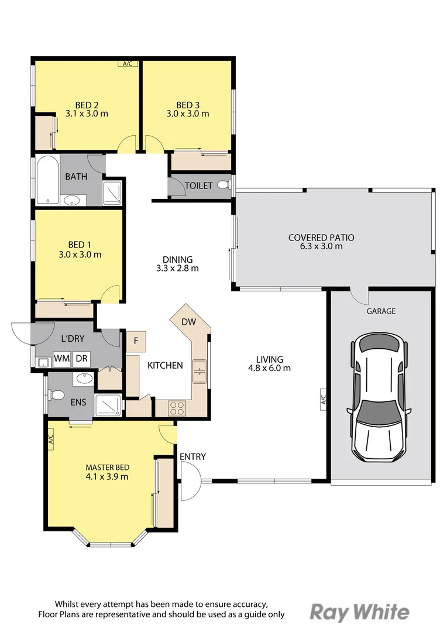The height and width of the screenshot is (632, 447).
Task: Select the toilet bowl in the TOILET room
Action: tap(223, 185)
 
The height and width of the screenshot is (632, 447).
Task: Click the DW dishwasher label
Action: tap(188, 322)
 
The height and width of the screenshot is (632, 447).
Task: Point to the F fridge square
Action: tap(136, 341)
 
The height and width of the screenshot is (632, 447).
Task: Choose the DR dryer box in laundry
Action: tap(81, 358)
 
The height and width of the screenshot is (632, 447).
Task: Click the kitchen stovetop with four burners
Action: tap(177, 407)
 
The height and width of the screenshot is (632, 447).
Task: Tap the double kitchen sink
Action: tap(200, 370)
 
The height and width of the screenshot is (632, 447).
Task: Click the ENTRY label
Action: tap(192, 456)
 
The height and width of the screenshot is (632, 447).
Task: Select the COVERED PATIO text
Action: tap(321, 238)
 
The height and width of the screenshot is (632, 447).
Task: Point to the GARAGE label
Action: tap(381, 311)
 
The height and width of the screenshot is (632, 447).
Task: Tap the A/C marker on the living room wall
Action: tap(322, 401)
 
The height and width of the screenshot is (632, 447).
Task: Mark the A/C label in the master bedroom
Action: tap(50, 438)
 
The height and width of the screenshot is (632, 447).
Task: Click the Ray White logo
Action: tap(359, 612)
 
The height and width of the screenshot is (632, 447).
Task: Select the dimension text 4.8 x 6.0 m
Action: tap(269, 368)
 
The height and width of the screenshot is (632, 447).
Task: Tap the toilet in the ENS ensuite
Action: tap(57, 396)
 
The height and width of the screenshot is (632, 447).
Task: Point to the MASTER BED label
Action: tap(107, 468)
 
